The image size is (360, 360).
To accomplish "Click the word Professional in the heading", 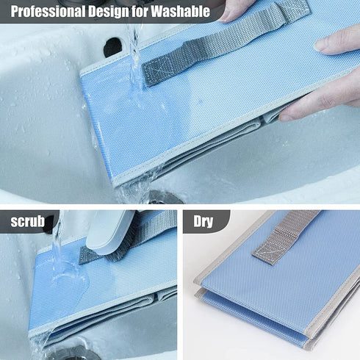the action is tap(48, 11).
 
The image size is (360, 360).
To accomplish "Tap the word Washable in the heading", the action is tap(180, 11).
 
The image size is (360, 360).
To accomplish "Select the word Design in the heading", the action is tap(109, 11).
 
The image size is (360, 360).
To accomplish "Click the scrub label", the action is tap(27, 221).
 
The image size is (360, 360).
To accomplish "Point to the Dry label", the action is tap(203, 222).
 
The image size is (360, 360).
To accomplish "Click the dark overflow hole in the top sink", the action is tap(112, 47).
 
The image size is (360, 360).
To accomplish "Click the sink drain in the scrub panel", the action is tap(73, 353).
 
